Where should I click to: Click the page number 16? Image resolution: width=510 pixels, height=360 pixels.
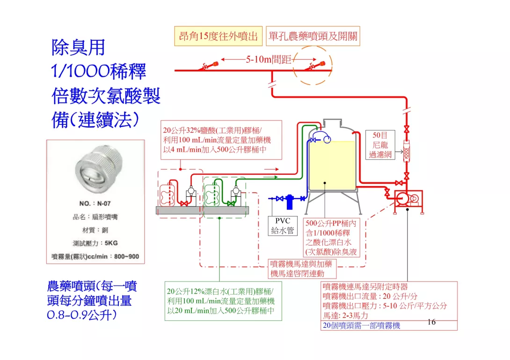click(x=431, y=322)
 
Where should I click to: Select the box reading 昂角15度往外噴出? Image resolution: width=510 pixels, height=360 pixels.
click(x=219, y=36)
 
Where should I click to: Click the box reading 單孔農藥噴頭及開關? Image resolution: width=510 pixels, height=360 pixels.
click(x=313, y=36)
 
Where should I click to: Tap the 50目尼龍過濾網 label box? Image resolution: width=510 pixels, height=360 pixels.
click(x=380, y=145)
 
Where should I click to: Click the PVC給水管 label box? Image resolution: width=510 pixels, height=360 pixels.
click(x=283, y=225)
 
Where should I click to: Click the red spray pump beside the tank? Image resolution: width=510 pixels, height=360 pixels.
click(x=407, y=200)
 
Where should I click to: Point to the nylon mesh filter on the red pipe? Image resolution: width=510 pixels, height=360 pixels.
click(x=407, y=151)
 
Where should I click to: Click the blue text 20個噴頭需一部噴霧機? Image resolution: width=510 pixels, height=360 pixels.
click(x=361, y=325)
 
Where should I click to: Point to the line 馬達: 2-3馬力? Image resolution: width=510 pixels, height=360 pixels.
click(x=345, y=316)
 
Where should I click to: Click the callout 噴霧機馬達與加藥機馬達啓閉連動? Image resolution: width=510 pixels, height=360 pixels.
click(x=302, y=268)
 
